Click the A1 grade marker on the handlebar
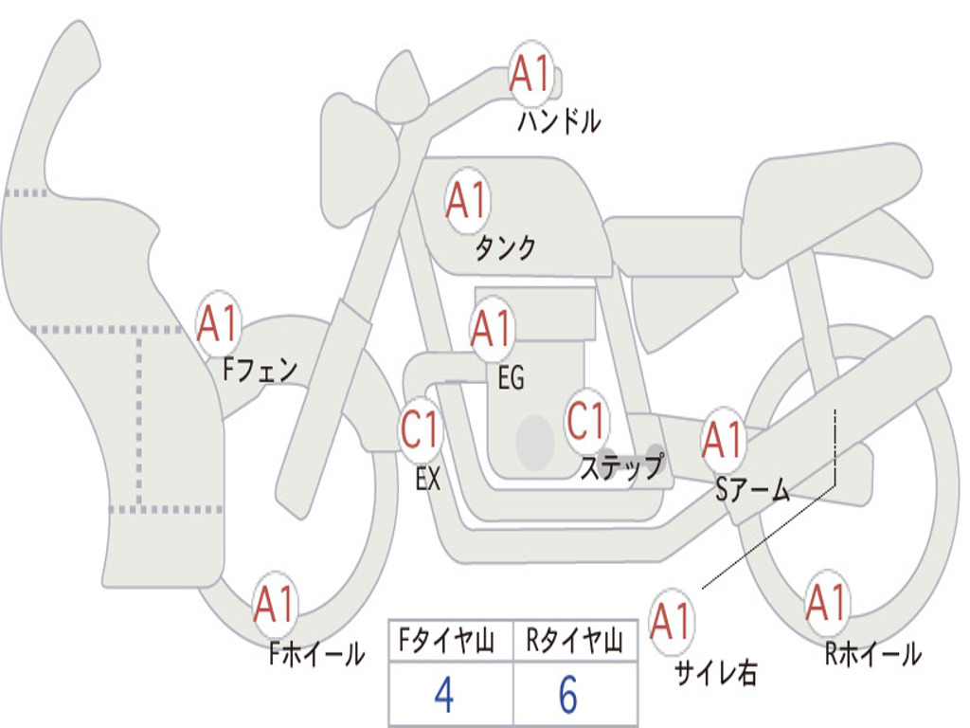tap(531, 73)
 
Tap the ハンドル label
tap(559, 120)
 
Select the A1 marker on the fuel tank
tap(468, 200)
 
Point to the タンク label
tap(505, 247)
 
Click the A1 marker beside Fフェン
tap(219, 323)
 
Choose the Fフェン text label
tap(260, 370)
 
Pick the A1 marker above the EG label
tap(492, 328)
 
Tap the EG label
tap(511, 377)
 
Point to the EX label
tap(428, 478)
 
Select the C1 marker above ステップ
tap(587, 421)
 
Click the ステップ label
tap(621, 466)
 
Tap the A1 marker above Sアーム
tap(723, 440)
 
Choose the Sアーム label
tap(752, 490)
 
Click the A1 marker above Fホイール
tap(274, 604)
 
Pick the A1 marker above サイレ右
tap(672, 621)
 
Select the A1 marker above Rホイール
tap(826, 602)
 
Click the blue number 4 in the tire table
tap(444, 695)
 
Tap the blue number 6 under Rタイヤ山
tap(568, 695)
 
